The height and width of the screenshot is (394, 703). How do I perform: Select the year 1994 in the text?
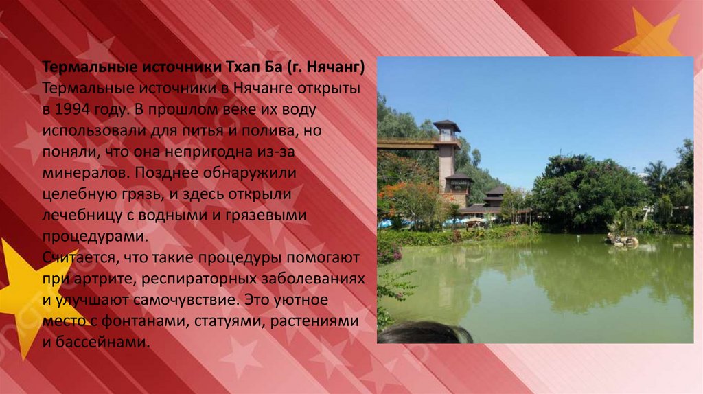[x=73, y=109]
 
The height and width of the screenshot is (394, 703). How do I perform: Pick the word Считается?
[x=80, y=257]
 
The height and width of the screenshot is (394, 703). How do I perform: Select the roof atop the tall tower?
[x=446, y=125]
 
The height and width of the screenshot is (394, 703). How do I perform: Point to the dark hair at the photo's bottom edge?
[x=424, y=334]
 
